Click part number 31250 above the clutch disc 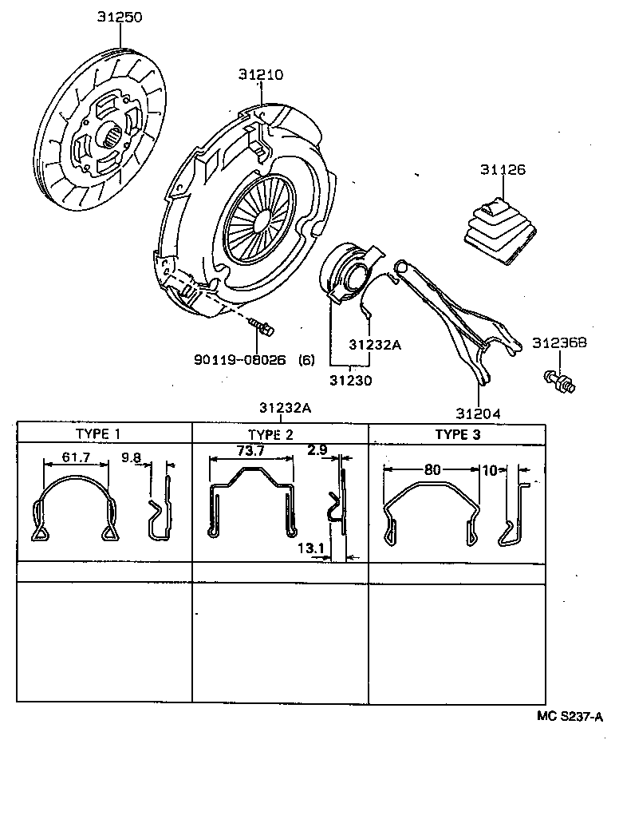click(120, 17)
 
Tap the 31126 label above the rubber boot click(503, 169)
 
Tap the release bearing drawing click(348, 274)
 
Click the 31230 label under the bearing click(351, 381)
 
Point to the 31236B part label click(559, 342)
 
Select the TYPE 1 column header click(98, 433)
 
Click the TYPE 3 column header click(457, 433)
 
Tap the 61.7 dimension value click(76, 457)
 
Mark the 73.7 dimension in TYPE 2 click(250, 451)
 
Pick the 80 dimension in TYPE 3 click(432, 469)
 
